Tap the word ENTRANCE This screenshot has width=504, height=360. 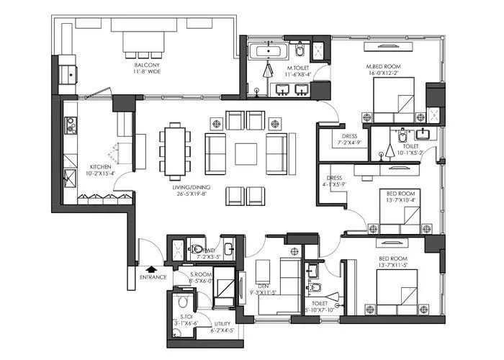[x=153, y=277]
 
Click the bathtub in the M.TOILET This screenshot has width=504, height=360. [x=269, y=52]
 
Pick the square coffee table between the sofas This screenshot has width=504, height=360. [x=246, y=153]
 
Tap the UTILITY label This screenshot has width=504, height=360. [x=220, y=323]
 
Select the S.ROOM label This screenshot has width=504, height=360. [x=200, y=274]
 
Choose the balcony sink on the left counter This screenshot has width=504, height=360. [x=71, y=72]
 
